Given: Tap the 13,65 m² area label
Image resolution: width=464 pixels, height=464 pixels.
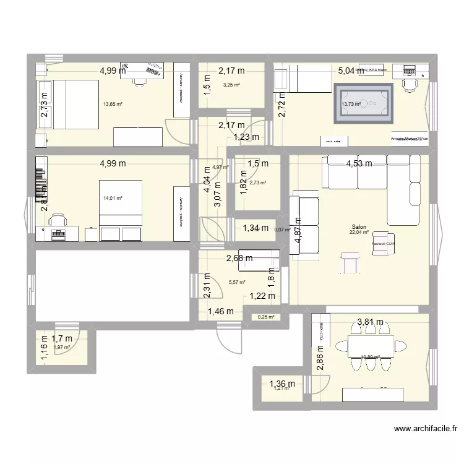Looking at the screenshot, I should [x=113, y=105].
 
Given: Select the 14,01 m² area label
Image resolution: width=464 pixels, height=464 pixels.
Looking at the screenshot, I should [x=113, y=199].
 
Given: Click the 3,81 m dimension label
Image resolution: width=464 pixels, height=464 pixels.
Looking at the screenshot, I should [x=370, y=322].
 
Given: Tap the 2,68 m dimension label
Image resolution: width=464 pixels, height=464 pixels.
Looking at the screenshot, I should [x=239, y=259].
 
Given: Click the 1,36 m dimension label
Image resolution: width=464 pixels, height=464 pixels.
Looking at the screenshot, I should [x=282, y=384].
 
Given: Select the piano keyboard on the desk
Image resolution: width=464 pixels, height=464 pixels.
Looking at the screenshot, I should [x=58, y=233].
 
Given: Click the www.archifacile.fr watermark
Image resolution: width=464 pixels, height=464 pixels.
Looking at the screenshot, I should [x=427, y=429].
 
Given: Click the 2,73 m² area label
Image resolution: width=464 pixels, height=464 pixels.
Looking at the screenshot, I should [x=257, y=183].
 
